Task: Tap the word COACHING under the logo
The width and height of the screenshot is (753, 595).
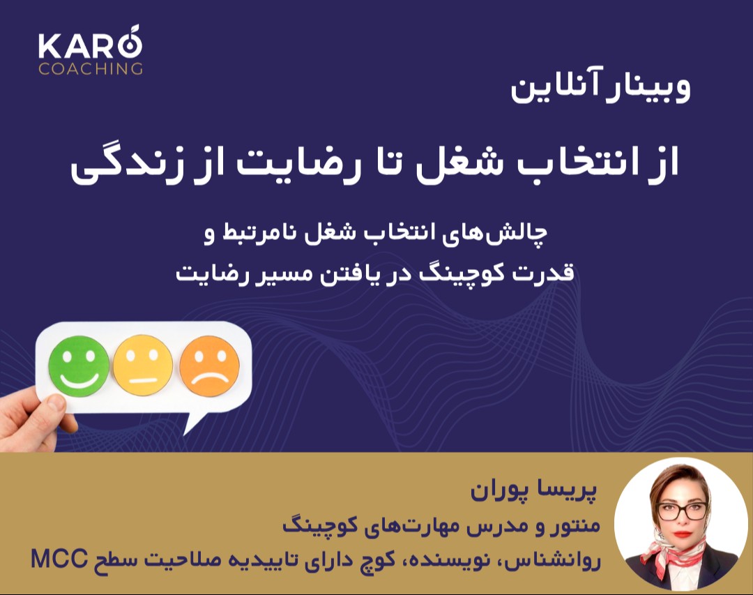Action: [x=91, y=68]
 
